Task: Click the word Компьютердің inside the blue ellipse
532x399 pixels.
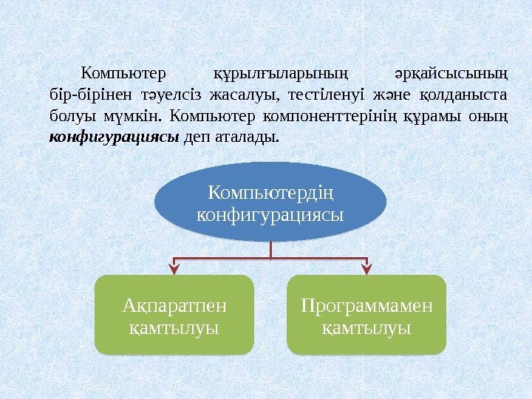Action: (270, 194)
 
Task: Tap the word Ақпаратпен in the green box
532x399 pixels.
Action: (174, 305)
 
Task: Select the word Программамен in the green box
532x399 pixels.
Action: (366, 305)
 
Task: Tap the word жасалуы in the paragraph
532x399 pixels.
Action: (239, 95)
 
